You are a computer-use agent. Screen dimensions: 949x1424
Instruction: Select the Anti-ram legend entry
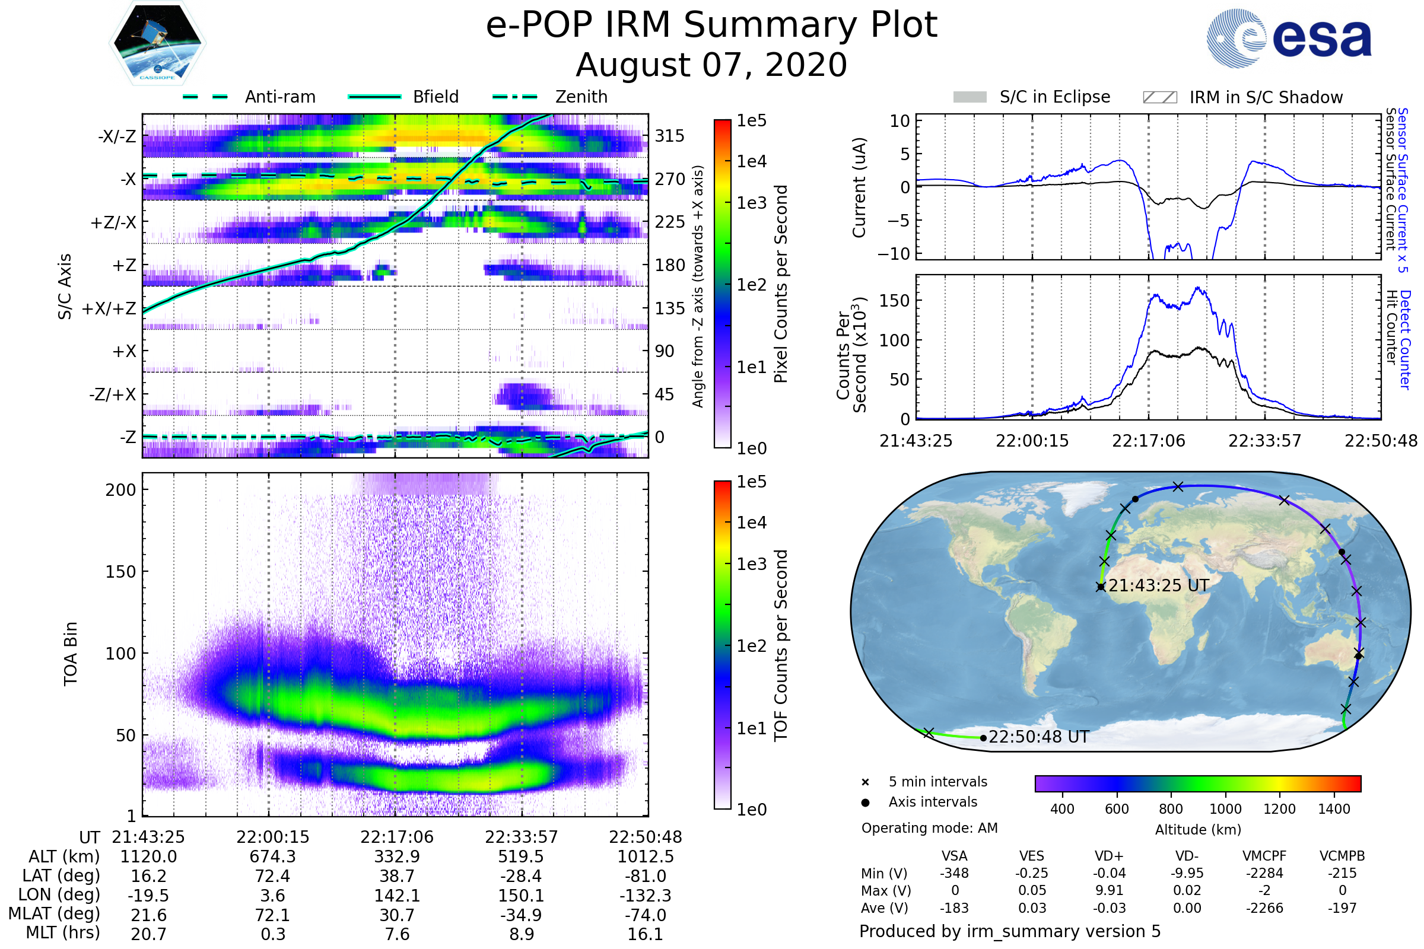pyautogui.click(x=249, y=97)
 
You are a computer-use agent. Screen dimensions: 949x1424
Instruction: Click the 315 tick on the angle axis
pyautogui.click(x=669, y=136)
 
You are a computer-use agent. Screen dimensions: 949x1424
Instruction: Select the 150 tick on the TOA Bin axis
pyautogui.click(x=120, y=572)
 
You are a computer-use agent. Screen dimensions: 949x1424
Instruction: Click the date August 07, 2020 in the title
pyautogui.click(x=711, y=65)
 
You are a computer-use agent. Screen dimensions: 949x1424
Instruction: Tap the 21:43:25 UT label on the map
pyautogui.click(x=1158, y=586)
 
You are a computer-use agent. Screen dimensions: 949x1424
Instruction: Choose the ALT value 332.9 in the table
pyautogui.click(x=397, y=857)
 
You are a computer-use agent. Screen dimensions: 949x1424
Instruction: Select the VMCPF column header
pyautogui.click(x=1264, y=856)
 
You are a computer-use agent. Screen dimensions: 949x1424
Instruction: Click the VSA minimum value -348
pyautogui.click(x=954, y=873)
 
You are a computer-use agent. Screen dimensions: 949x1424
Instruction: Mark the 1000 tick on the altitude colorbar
pyautogui.click(x=1225, y=809)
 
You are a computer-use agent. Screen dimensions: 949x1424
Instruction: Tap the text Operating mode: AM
pyautogui.click(x=929, y=828)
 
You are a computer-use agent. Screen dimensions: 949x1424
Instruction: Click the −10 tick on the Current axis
pyautogui.click(x=894, y=254)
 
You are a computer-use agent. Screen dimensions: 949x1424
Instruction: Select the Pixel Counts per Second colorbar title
pyautogui.click(x=781, y=284)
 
